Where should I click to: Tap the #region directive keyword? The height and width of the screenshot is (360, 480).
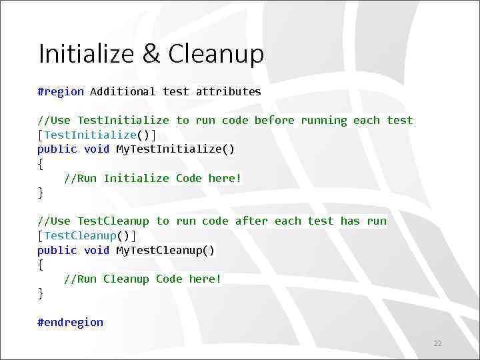tap(61, 92)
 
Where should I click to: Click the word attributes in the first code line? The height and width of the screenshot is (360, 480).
tap(228, 92)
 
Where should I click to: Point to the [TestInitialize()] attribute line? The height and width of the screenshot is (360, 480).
tap(97, 135)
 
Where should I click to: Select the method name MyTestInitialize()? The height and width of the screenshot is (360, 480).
tap(175, 149)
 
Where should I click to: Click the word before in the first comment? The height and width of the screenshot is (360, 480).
tap(274, 121)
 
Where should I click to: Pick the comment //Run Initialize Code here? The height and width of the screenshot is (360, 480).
tap(153, 178)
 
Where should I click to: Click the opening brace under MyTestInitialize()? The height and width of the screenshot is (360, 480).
tap(41, 163)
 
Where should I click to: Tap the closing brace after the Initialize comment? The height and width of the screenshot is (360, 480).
tap(41, 193)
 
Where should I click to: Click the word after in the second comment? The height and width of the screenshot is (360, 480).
tap(251, 221)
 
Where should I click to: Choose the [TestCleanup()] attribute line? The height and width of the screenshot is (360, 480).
tap(87, 236)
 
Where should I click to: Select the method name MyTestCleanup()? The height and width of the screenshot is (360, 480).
tap(165, 251)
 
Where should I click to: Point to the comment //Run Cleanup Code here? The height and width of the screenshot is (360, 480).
tap(143, 279)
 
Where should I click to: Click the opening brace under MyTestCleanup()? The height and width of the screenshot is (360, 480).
tap(41, 265)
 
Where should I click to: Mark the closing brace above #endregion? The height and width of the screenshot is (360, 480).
tap(41, 293)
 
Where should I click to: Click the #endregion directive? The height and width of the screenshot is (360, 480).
tap(71, 323)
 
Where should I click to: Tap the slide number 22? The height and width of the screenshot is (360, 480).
tap(438, 344)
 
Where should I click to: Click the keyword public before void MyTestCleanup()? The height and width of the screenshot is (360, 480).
tap(57, 251)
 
